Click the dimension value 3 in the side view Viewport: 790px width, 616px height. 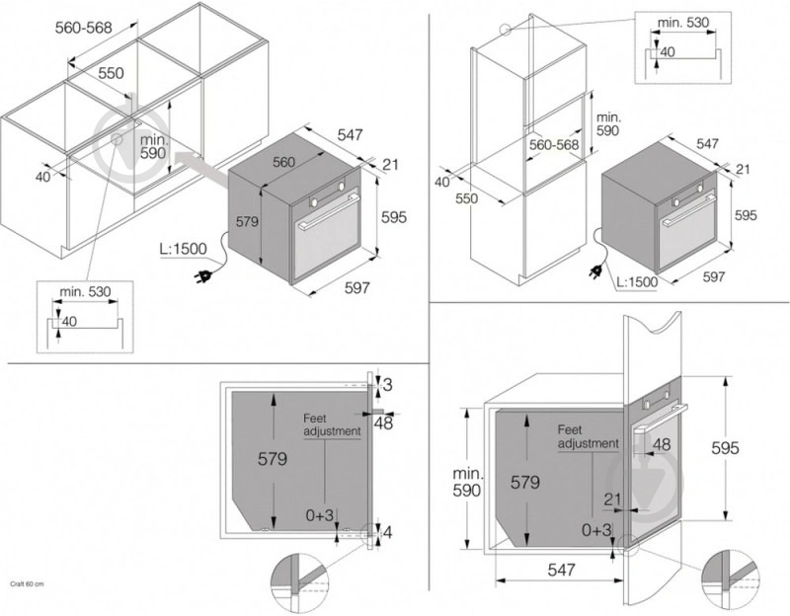(387, 383)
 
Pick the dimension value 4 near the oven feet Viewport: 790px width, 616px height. (386, 533)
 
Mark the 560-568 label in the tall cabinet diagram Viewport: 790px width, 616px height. (553, 144)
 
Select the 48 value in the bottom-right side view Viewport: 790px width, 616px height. (662, 445)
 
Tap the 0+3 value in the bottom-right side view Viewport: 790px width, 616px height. (596, 530)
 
